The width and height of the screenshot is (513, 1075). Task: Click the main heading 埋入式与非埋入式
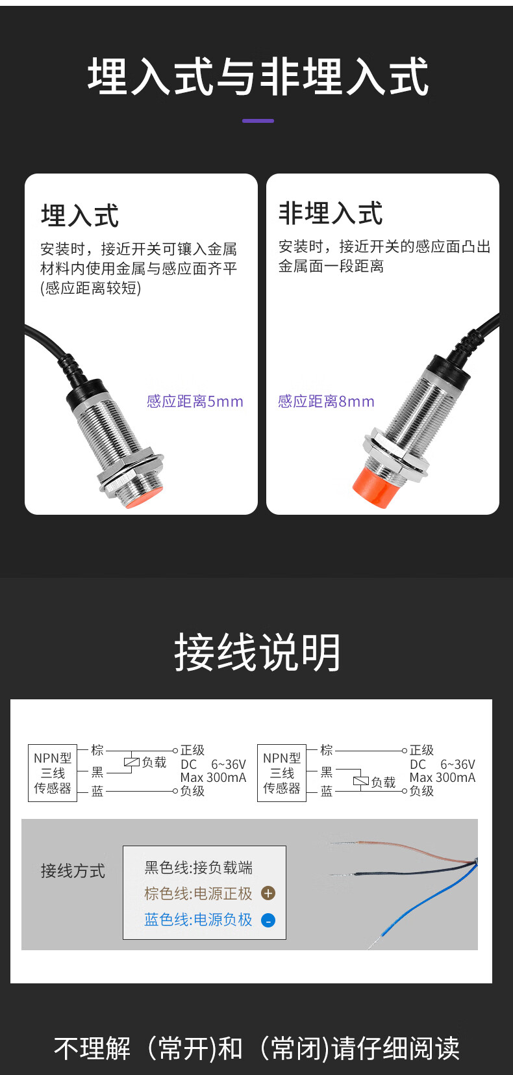pyautogui.click(x=257, y=76)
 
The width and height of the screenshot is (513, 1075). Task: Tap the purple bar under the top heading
pyautogui.click(x=258, y=121)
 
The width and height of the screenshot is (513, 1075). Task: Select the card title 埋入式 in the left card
pyautogui.click(x=80, y=216)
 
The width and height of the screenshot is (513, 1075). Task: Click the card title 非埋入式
pyautogui.click(x=331, y=213)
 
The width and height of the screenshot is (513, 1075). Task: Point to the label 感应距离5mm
pyautogui.click(x=195, y=401)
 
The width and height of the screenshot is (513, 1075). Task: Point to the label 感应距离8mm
pyautogui.click(x=326, y=401)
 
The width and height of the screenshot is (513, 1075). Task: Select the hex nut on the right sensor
pyautogui.click(x=395, y=454)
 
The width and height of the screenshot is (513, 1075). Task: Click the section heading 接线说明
pyautogui.click(x=257, y=652)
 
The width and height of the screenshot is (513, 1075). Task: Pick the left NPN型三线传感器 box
pyautogui.click(x=53, y=773)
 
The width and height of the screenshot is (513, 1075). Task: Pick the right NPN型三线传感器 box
pyautogui.click(x=282, y=773)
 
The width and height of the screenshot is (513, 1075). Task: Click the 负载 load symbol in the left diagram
pyautogui.click(x=132, y=762)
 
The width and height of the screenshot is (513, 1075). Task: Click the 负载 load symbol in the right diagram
pyautogui.click(x=361, y=781)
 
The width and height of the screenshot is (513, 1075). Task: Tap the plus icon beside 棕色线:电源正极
pyautogui.click(x=268, y=893)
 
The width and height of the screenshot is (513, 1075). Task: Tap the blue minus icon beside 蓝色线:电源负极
pyautogui.click(x=268, y=920)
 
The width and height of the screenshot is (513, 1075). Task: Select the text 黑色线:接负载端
pyautogui.click(x=199, y=867)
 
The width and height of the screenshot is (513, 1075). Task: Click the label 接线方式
pyautogui.click(x=73, y=870)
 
